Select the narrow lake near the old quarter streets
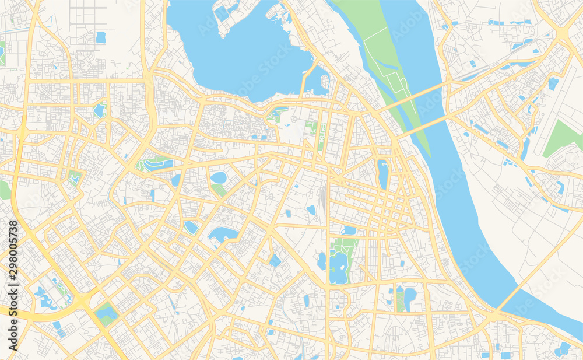[382, 174]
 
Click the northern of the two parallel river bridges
[411, 97]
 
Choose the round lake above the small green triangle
[219, 177]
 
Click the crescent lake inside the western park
[157, 165]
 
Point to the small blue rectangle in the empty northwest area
[101, 37]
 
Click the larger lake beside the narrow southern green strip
[410, 298]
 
